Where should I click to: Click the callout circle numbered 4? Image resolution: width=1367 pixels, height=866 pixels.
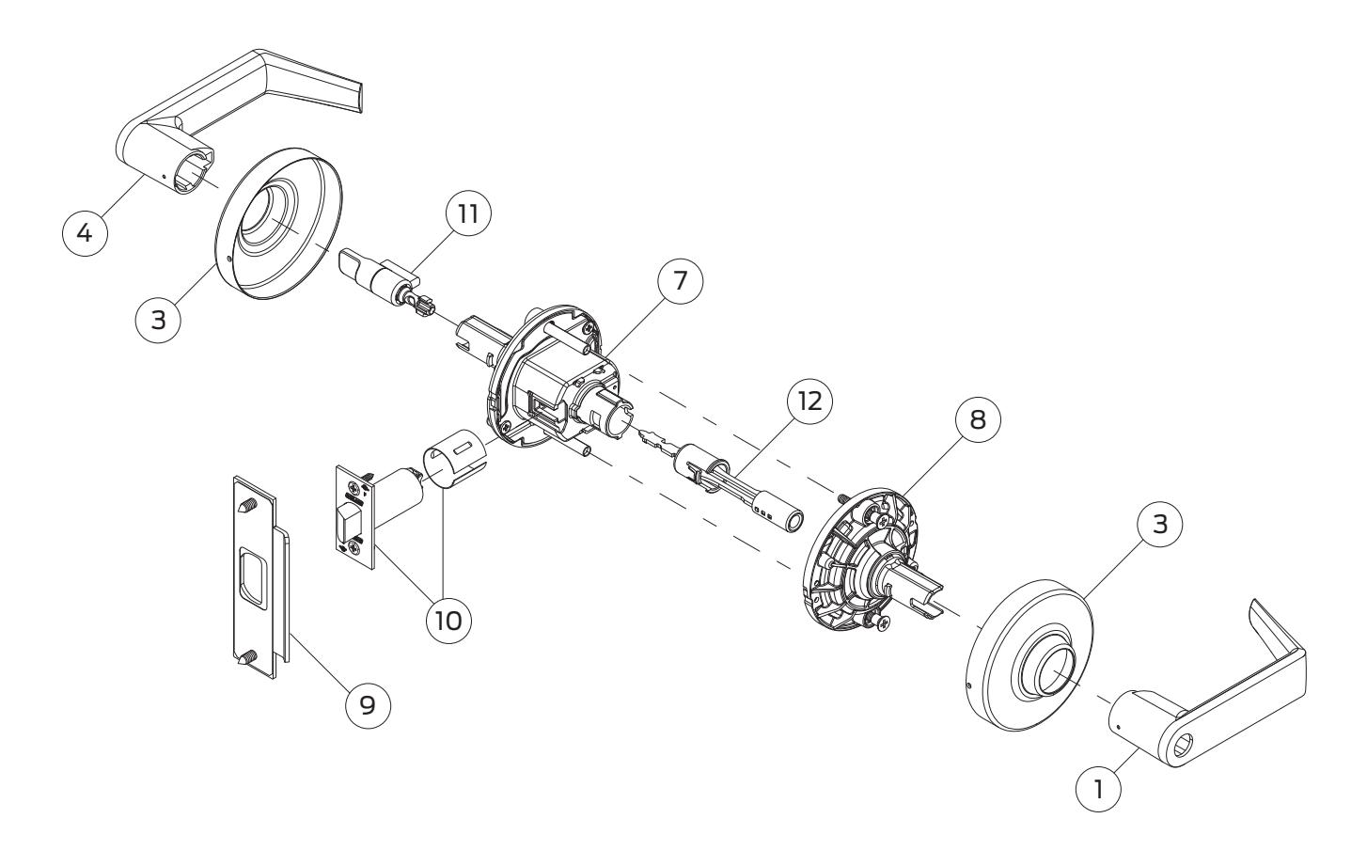pos(85,232)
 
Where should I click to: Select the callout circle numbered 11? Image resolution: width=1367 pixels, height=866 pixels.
pos(468,213)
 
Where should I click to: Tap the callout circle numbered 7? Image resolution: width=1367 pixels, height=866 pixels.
pos(680,281)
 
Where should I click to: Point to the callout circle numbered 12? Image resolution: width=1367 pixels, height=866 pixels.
pos(809,401)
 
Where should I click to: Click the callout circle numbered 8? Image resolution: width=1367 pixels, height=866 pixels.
pos(978,419)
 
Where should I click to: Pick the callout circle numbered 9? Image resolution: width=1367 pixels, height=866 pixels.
pos(368,705)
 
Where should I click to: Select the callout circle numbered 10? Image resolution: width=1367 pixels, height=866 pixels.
pos(448,621)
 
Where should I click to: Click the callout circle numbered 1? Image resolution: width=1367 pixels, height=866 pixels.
pos(1098,789)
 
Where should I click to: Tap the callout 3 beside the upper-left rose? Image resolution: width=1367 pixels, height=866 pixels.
pos(158,319)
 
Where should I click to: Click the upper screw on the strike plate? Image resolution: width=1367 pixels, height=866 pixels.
pos(249,504)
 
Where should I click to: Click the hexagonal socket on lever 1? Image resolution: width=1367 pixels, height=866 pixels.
pos(1182,747)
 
